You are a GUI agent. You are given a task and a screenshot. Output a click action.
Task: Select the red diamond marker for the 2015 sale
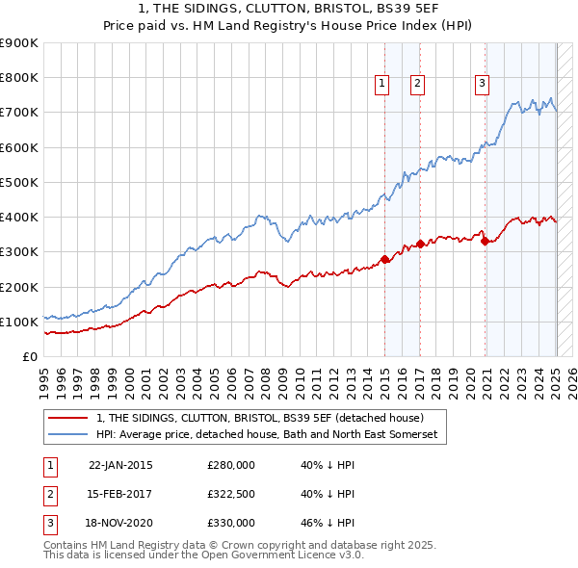coord(384,259)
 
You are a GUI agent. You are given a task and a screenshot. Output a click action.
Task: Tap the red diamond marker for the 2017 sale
coord(420,244)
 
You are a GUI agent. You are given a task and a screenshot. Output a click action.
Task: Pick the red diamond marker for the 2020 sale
coord(485,242)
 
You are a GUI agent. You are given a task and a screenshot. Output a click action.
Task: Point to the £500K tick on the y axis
coord(21,182)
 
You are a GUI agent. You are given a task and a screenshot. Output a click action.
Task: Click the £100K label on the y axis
coord(21,322)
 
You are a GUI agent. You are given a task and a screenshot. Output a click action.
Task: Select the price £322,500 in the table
coord(231,494)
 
